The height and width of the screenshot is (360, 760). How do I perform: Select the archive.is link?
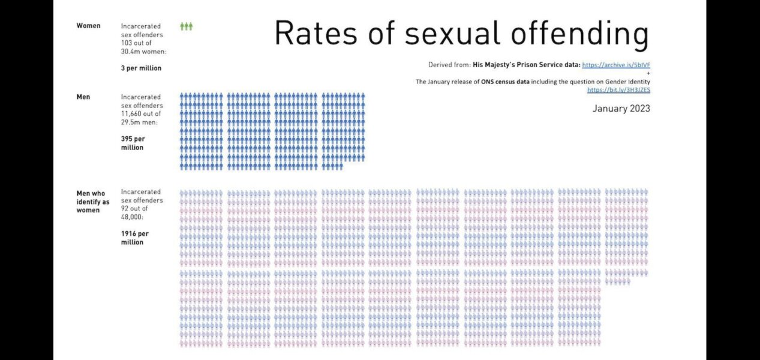(x=616, y=64)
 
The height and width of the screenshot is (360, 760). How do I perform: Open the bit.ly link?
(x=618, y=90)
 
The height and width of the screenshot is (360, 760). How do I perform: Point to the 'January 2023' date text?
(x=621, y=109)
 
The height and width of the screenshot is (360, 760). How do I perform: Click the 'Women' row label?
(x=88, y=26)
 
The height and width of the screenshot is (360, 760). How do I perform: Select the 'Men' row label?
(x=83, y=97)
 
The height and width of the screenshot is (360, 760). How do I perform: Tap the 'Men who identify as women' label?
(x=93, y=202)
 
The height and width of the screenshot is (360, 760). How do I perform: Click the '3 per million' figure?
(x=141, y=68)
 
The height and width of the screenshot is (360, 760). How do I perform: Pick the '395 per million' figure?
(x=133, y=143)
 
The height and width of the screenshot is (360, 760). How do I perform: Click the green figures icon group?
(x=187, y=26)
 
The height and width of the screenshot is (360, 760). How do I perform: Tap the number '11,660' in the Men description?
(x=134, y=114)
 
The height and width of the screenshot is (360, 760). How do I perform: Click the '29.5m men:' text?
(x=139, y=122)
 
